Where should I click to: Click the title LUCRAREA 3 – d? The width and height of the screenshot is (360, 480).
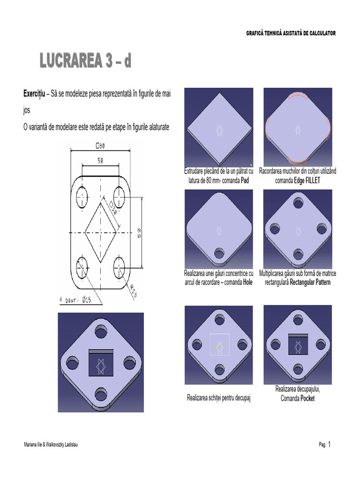85,60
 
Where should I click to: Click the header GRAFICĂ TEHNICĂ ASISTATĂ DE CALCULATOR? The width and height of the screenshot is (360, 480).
291,33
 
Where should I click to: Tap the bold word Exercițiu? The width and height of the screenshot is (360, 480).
34,94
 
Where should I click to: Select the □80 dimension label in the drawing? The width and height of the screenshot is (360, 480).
100,146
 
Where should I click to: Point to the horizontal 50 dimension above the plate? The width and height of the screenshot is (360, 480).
100,160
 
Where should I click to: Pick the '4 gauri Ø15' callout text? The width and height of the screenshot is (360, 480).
75,300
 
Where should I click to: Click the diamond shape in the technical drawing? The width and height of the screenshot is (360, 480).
101,232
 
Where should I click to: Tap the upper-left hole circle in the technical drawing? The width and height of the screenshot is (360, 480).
82,197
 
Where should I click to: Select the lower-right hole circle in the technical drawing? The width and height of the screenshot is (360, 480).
119,268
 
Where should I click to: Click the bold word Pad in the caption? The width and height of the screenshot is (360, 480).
245,180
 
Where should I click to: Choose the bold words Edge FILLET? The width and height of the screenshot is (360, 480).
307,180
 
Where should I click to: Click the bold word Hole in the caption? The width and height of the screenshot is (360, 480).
247,282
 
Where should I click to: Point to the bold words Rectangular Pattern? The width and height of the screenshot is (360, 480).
310,282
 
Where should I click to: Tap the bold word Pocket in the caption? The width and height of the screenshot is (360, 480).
307,398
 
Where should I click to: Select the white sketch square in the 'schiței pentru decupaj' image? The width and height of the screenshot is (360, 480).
219,345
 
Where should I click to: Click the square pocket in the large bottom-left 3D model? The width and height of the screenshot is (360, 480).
101,362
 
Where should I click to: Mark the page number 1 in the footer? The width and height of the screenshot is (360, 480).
330,444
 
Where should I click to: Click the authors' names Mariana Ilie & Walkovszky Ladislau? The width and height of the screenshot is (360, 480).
51,444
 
